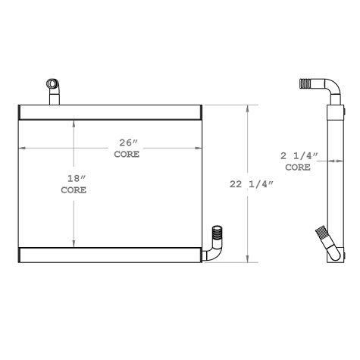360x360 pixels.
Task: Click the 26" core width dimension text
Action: pos(127,142)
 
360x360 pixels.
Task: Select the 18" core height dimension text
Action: pos(74,179)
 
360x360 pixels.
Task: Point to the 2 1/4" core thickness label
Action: pos(299,156)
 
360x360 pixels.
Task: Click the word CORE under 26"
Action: pos(127,154)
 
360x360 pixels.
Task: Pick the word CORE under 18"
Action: pos(74,190)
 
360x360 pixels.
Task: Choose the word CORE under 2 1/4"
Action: pos(298,167)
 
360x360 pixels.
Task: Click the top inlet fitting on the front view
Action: pos(53,89)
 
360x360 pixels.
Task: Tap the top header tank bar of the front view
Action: pos(110,114)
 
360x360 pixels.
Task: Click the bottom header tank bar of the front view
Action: pos(110,255)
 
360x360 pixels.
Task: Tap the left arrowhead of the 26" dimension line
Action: pos(22,148)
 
